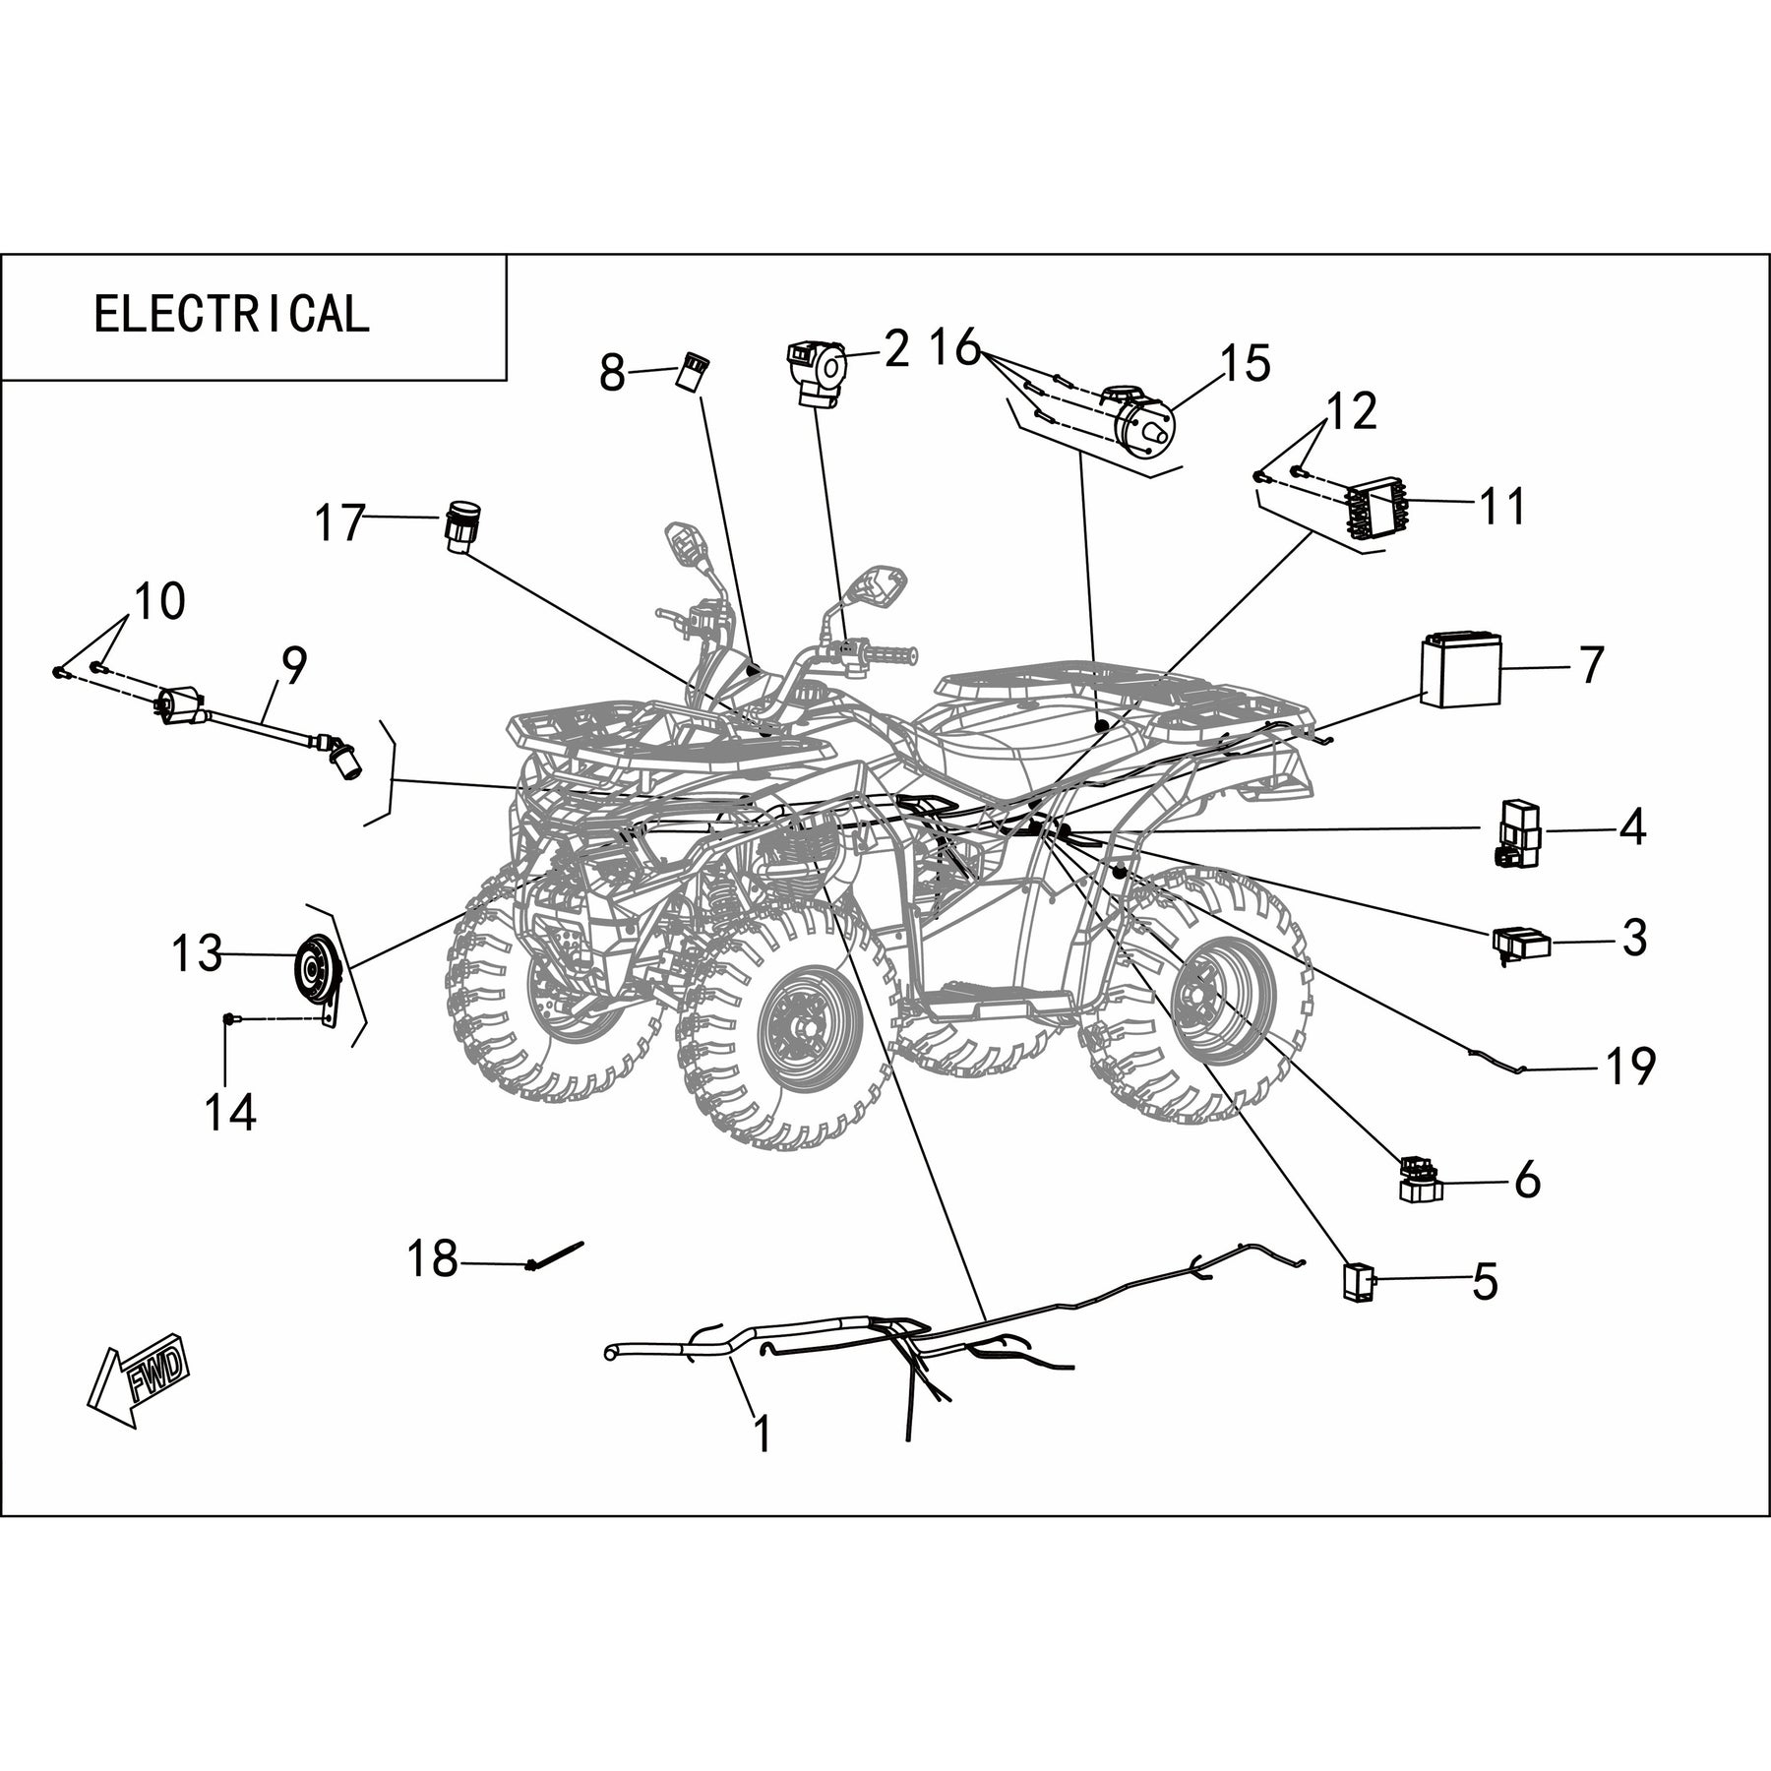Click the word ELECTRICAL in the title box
click(231, 314)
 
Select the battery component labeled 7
click(1461, 671)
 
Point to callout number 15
click(1246, 363)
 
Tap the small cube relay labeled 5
click(1358, 1282)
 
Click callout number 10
click(160, 601)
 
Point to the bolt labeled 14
click(228, 1019)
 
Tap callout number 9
click(293, 666)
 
